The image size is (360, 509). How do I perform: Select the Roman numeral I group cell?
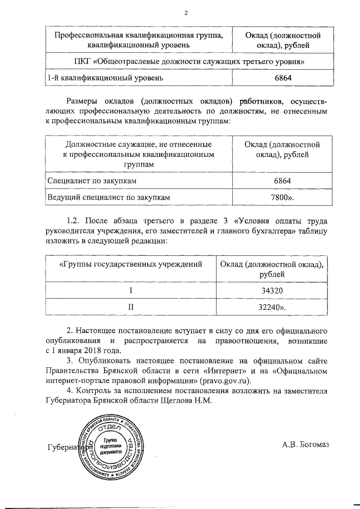click(x=130, y=291)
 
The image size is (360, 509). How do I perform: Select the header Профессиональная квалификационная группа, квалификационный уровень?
click(x=130, y=40)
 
